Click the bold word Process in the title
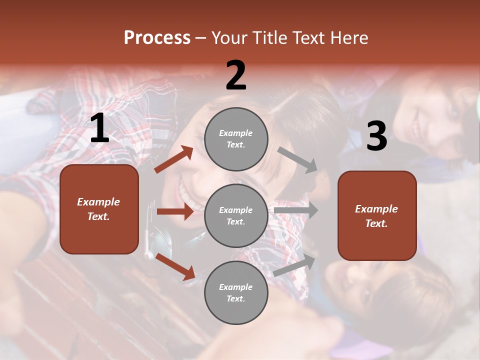pyautogui.click(x=157, y=38)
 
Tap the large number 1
pyautogui.click(x=99, y=129)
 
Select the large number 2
pyautogui.click(x=236, y=76)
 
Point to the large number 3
pyautogui.click(x=376, y=136)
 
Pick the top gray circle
pyautogui.click(x=236, y=139)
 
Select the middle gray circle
pyautogui.click(x=236, y=216)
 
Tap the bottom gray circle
pyautogui.click(x=236, y=293)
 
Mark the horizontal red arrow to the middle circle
pyautogui.click(x=175, y=211)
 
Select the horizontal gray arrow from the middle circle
pyautogui.click(x=296, y=210)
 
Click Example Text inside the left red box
pyautogui.click(x=98, y=209)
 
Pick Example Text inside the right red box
pyautogui.click(x=376, y=216)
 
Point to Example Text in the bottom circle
pyautogui.click(x=235, y=293)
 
